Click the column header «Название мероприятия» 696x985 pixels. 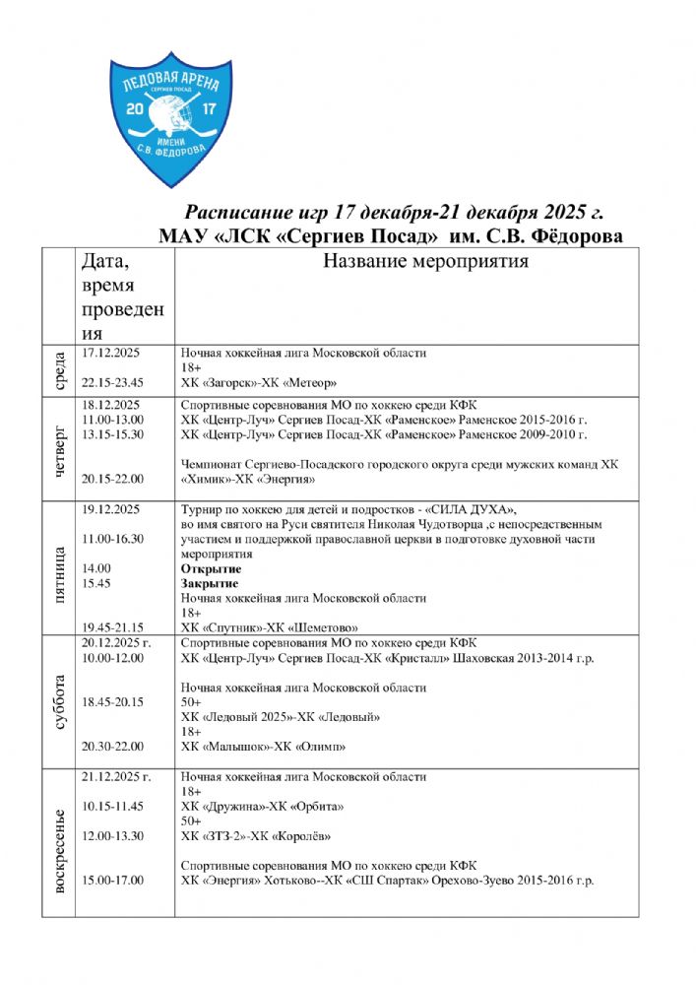[423, 262]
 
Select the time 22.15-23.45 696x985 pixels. [113, 383]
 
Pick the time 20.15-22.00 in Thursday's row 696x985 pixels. [113, 479]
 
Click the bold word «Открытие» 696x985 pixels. [211, 568]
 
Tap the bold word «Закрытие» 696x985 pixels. [211, 583]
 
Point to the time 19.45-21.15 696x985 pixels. [113, 627]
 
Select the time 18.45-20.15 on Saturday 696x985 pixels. [113, 701]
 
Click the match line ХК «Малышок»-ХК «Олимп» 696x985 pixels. [262, 746]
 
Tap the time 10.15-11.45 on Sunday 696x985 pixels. [113, 807]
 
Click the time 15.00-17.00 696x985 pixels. [113, 881]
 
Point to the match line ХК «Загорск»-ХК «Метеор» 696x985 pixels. [260, 383]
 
